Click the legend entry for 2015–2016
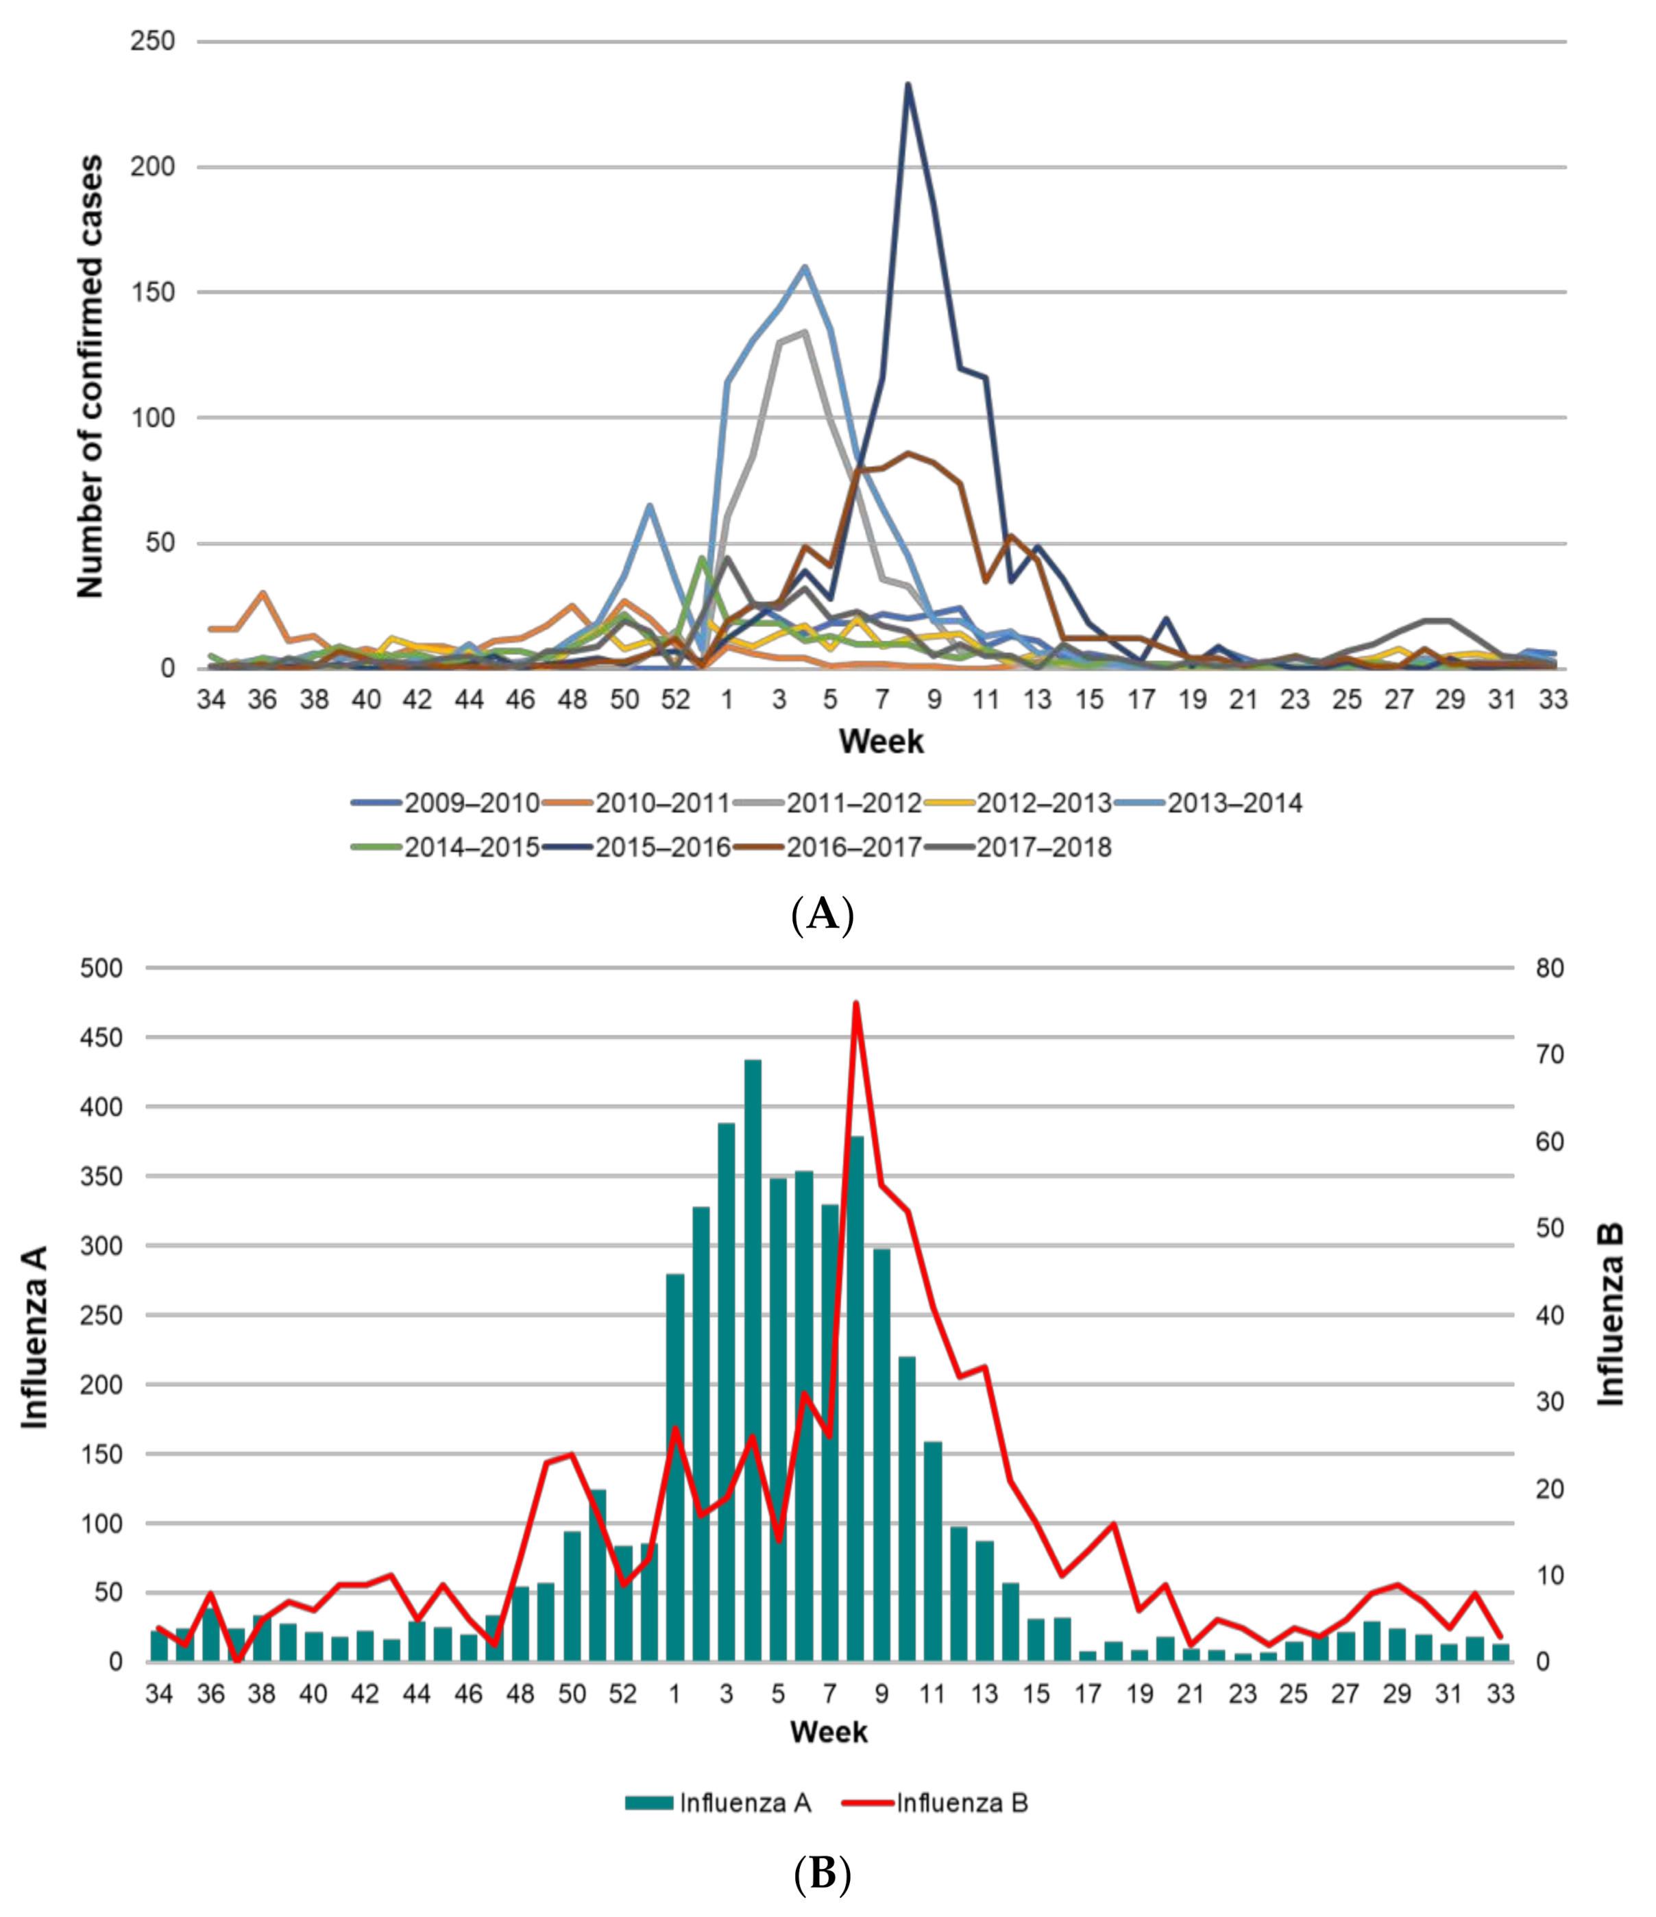pyautogui.click(x=662, y=848)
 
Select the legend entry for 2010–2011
pyautogui.click(x=662, y=803)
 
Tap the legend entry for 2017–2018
pyautogui.click(x=1043, y=848)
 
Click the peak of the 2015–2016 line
pyautogui.click(x=908, y=85)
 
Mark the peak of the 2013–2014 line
pyautogui.click(x=805, y=267)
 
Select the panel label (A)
pyautogui.click(x=823, y=914)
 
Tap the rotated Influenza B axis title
pyautogui.click(x=1611, y=1315)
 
